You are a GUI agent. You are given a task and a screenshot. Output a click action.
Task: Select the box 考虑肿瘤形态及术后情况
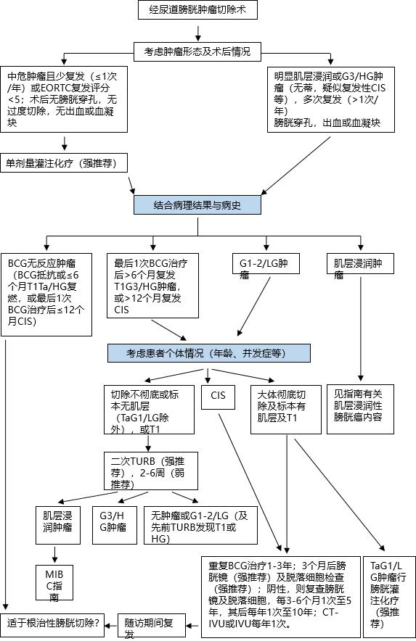coord(197,51)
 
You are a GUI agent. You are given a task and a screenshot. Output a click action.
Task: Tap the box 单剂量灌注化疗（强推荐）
coord(65,162)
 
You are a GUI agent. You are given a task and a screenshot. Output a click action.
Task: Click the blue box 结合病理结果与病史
coord(197,205)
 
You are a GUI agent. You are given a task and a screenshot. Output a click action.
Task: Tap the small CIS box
coord(219,396)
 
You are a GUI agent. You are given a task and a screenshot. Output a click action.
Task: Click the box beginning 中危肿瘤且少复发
coord(63,98)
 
